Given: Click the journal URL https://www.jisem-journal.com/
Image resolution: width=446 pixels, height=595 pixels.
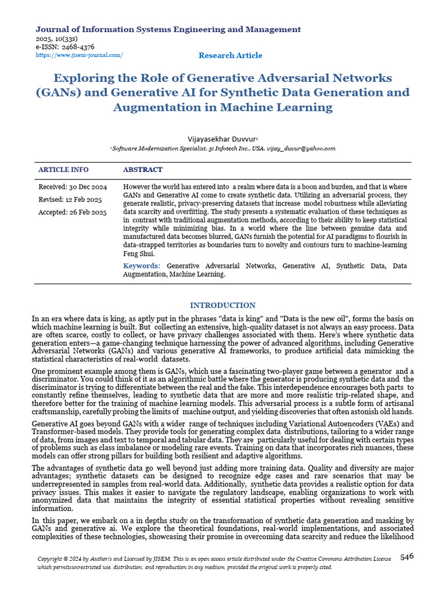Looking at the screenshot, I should point(80,55).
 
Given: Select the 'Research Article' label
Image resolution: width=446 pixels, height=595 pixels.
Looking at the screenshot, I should point(230,56).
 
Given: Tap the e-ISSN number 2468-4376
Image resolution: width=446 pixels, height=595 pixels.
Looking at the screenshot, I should point(75,46).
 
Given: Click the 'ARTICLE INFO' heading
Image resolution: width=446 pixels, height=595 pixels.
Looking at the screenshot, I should point(63,170).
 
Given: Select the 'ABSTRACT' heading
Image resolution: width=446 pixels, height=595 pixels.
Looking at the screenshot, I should point(143,170).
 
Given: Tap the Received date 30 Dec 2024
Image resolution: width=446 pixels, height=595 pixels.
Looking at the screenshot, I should point(73,187).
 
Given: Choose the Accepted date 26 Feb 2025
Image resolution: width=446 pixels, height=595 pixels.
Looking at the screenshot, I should point(73,213).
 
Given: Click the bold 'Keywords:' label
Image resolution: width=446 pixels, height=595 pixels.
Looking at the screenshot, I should point(142,266).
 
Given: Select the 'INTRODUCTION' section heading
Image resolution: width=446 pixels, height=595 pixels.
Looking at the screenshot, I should point(222,306).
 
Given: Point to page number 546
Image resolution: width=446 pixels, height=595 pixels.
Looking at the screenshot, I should point(407,557).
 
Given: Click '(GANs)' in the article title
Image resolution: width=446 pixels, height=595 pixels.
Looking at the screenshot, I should point(59,92).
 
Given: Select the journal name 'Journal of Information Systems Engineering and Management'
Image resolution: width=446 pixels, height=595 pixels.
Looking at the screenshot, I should point(168,29).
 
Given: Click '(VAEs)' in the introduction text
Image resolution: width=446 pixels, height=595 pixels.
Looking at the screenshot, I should point(400,424).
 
